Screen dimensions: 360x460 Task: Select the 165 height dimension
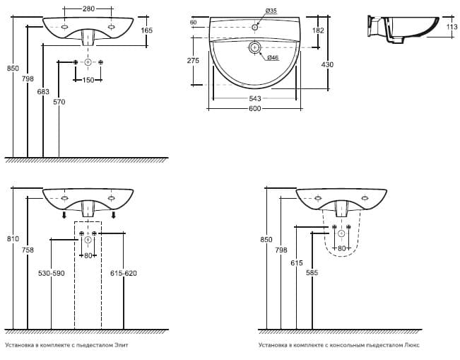[147, 30]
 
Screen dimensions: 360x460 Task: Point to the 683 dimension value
[43, 92]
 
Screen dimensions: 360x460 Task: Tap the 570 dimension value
[60, 102]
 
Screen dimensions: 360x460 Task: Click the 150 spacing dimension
[88, 79]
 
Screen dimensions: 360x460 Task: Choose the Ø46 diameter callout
[273, 57]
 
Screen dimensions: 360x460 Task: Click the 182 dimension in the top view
[319, 30]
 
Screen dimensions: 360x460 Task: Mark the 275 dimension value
[194, 61]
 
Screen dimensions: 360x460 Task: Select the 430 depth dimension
[327, 64]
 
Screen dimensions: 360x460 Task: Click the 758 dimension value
[28, 249]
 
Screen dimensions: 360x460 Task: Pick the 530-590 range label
[52, 273]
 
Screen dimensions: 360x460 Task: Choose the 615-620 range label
[124, 273]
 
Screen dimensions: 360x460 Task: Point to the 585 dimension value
[311, 272]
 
